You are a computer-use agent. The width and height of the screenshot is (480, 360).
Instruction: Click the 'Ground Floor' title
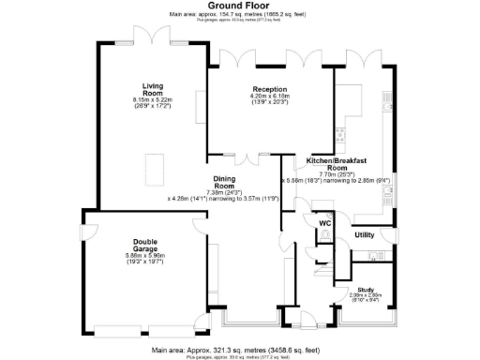(x=239, y=6)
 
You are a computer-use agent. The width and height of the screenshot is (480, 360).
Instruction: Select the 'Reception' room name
(x=243, y=89)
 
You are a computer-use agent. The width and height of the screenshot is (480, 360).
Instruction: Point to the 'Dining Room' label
(x=224, y=182)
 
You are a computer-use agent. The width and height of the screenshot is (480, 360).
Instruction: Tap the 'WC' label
(x=325, y=224)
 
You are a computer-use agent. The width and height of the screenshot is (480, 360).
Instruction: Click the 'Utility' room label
(x=365, y=234)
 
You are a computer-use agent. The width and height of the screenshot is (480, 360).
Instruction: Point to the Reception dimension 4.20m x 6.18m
(x=243, y=97)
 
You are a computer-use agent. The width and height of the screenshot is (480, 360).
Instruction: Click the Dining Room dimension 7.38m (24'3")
(x=224, y=192)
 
